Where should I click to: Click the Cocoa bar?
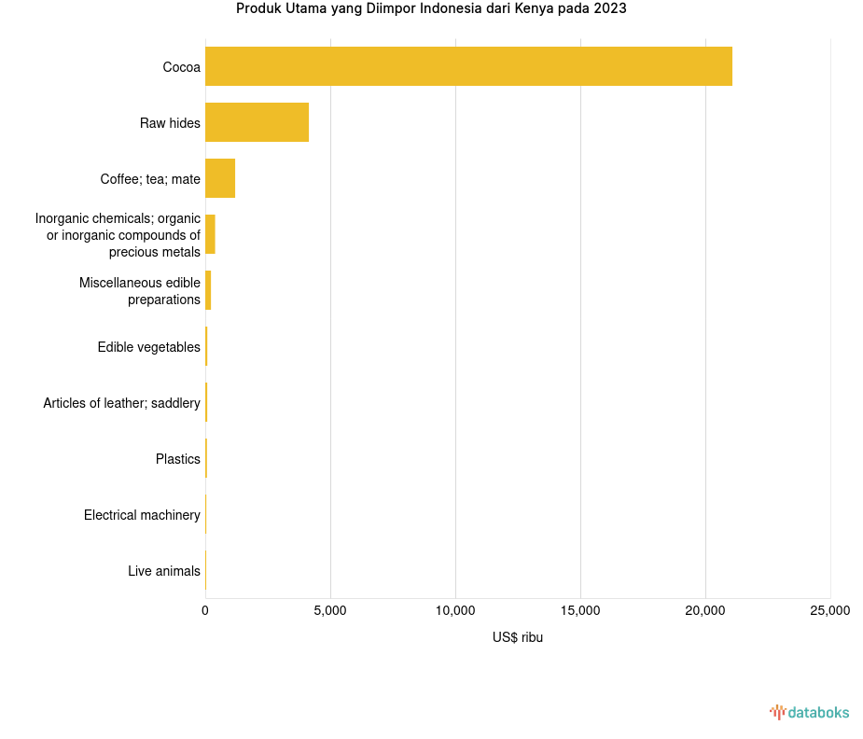tap(468, 66)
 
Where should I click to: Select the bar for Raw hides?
tap(257, 122)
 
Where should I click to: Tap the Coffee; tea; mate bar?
tap(220, 178)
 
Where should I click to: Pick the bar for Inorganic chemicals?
tap(210, 234)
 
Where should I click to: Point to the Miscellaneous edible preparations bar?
tap(208, 290)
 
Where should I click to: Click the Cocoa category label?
tap(181, 67)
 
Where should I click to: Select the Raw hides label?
tap(170, 123)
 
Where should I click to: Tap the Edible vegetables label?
tap(148, 347)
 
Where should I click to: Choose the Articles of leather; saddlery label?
tap(121, 403)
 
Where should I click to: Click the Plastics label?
tap(177, 459)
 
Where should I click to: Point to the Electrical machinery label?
tap(142, 515)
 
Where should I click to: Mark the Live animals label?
tap(163, 571)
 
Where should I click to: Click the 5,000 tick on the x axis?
tap(330, 610)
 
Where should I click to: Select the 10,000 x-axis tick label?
tap(455, 610)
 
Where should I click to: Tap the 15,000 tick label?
tap(580, 610)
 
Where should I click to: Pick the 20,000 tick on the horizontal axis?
tap(705, 610)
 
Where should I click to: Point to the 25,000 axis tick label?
tap(829, 610)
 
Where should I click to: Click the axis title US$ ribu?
tap(517, 637)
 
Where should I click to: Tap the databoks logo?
tap(809, 713)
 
